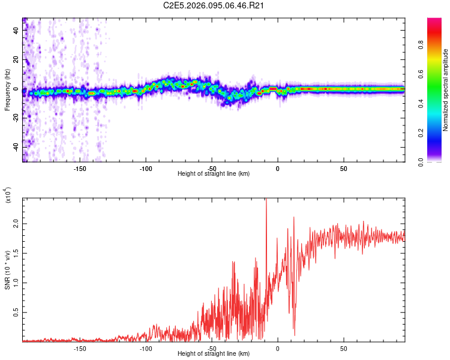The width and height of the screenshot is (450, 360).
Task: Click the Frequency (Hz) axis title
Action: tap(8, 89)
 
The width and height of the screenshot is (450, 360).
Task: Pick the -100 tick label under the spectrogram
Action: tap(145, 169)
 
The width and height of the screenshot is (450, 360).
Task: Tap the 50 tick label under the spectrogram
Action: tap(343, 169)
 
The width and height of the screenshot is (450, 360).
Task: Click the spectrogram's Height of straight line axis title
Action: tap(214, 174)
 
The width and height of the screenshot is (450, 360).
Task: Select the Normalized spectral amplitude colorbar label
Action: tap(445, 90)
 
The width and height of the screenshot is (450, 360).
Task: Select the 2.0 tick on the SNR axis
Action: tap(15, 223)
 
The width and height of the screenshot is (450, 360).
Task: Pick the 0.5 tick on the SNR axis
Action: tap(15, 312)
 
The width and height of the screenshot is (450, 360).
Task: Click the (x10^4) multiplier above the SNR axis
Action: tap(8, 195)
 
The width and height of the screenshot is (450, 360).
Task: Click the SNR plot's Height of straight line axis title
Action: tap(214, 354)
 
